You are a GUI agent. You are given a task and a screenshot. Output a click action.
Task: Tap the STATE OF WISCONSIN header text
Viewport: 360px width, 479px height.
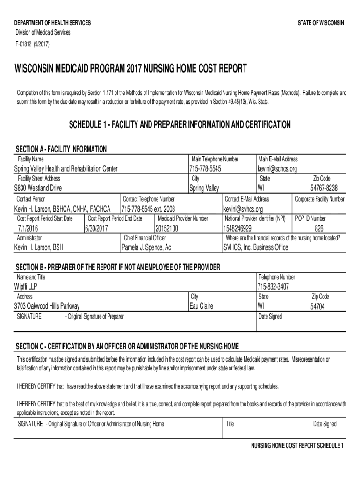[321, 23]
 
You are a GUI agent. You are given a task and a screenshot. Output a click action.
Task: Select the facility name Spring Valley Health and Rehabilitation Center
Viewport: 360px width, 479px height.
[66, 168]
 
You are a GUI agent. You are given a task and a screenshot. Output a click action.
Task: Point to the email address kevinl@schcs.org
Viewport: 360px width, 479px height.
[277, 168]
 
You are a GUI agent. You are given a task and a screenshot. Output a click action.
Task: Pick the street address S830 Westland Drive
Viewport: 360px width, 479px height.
[38, 188]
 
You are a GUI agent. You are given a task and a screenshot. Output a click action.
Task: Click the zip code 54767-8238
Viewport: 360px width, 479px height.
[324, 188]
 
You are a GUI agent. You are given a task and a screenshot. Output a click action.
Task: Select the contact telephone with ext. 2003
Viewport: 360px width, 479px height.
[148, 209]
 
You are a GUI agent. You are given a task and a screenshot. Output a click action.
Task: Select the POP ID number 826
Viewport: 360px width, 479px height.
[319, 228]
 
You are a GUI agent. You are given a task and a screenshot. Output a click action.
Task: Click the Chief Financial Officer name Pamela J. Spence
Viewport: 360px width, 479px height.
[146, 247]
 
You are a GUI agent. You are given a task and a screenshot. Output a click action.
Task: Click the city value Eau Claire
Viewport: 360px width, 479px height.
[204, 306]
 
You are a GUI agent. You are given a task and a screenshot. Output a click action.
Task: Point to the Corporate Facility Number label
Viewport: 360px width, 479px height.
[319, 199]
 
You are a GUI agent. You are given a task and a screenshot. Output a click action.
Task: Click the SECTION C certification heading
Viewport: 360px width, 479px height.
[127, 346]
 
